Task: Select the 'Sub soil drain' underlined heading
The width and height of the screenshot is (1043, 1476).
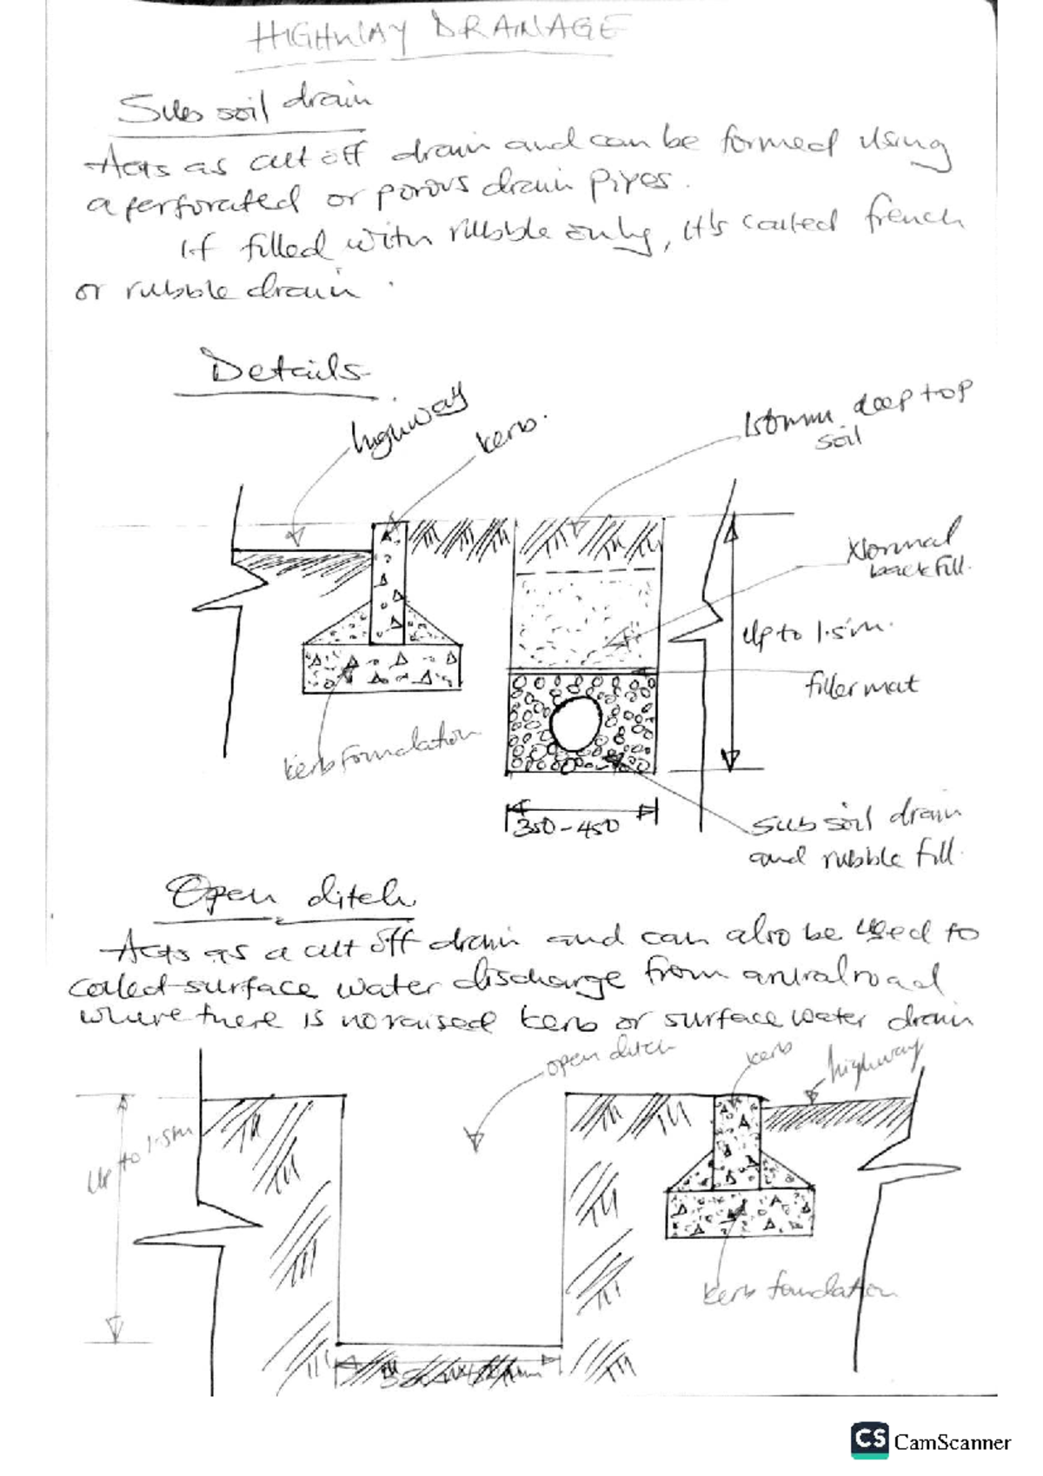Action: pos(243,109)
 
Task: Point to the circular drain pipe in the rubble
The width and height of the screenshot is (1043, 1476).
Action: pos(575,726)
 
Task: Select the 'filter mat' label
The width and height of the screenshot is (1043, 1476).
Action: pos(860,686)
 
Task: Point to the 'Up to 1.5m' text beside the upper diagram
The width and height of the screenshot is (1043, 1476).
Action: pos(813,632)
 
